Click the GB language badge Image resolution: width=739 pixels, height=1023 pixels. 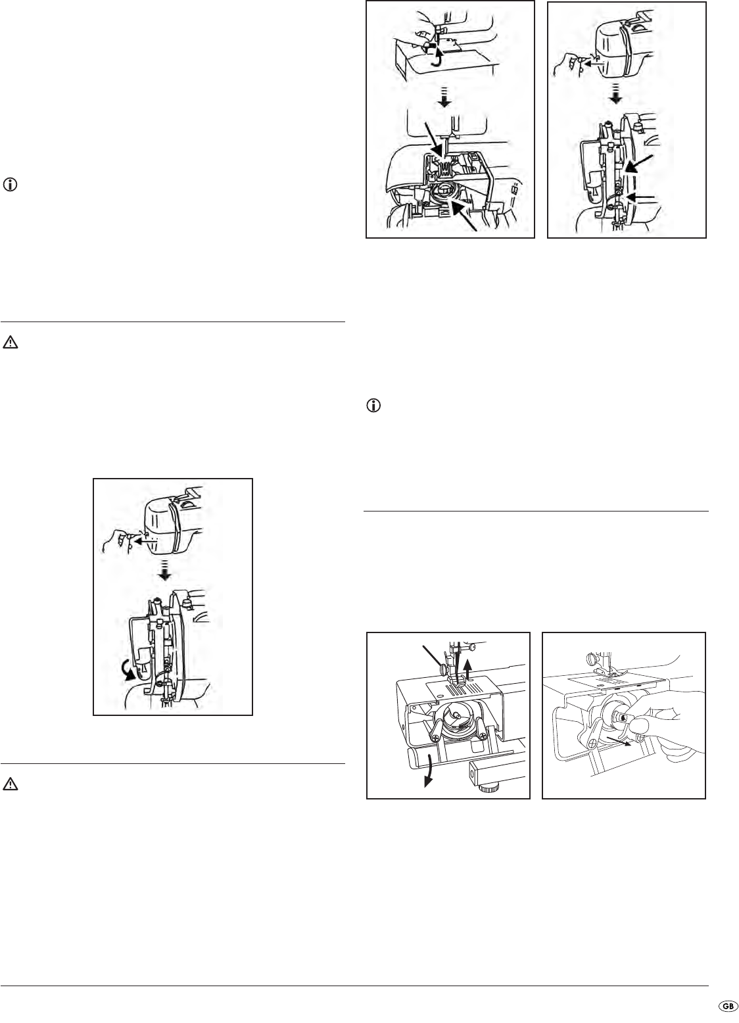(728, 1007)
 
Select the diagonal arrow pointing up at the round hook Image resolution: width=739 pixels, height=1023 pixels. (463, 216)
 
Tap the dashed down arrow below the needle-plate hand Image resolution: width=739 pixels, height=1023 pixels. (444, 98)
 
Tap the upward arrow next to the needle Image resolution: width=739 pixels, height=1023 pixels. (468, 672)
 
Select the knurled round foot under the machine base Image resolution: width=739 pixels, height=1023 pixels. (488, 788)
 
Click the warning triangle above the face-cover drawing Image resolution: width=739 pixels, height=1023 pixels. (10, 343)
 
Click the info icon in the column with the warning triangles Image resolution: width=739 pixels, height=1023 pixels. (10, 185)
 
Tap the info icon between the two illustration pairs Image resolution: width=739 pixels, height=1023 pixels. (373, 406)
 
